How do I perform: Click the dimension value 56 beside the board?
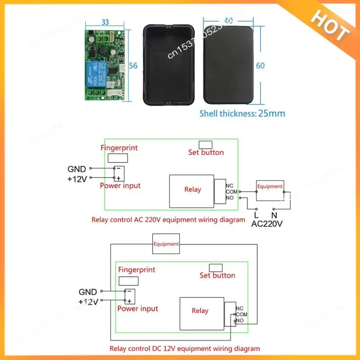(x=133, y=65)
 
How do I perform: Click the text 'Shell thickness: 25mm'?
(x=242, y=113)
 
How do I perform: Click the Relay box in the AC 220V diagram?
(x=192, y=189)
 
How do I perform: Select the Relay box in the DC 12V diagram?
(x=200, y=310)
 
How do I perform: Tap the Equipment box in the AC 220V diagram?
(x=270, y=186)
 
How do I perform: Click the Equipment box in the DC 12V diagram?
(x=166, y=244)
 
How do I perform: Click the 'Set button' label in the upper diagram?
(x=206, y=153)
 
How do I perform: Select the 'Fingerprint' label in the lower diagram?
(x=136, y=270)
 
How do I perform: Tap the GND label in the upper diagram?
(x=76, y=169)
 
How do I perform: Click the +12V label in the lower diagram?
(x=88, y=302)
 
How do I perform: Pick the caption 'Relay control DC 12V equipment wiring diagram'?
(x=184, y=348)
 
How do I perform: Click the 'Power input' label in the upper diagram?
(x=120, y=185)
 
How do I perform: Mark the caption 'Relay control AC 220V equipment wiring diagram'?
(x=168, y=220)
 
